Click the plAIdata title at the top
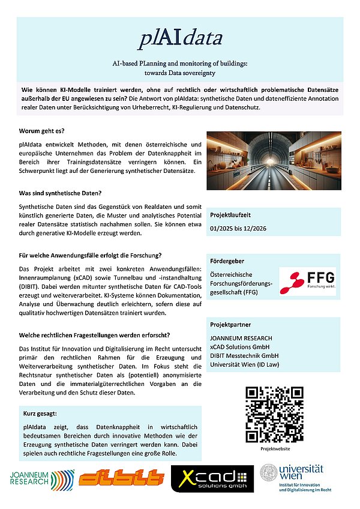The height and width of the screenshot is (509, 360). (x=180, y=39)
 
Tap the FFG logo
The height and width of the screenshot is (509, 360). (x=307, y=280)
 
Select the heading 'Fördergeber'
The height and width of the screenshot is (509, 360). (x=227, y=262)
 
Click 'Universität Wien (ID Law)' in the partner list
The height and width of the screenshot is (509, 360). (x=246, y=364)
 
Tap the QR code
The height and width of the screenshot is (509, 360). (x=273, y=414)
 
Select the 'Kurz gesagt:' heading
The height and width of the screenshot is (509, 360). (x=41, y=414)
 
